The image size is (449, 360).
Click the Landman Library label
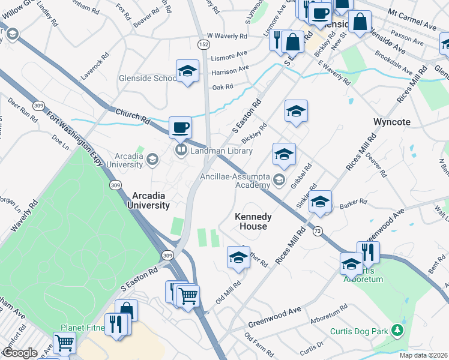pos(220,151)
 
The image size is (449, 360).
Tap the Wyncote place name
pos(392,122)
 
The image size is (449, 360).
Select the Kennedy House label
pos(253,221)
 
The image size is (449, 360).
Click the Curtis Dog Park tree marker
pos(396,329)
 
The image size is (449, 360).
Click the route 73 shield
pos(317,231)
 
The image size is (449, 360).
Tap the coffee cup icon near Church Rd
pos(180,128)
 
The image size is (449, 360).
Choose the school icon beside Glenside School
pos(187,71)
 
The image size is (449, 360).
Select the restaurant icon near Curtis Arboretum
pos(368,253)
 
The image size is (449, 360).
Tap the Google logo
pos(19,353)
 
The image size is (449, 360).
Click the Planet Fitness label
pos(83,328)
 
